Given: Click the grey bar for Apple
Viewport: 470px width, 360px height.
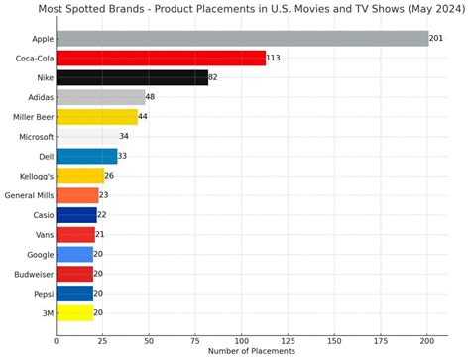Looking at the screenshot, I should coord(242,39).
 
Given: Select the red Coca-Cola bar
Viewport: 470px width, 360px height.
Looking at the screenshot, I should coord(161,59).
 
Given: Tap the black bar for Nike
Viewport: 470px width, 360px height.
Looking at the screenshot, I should coord(132,77).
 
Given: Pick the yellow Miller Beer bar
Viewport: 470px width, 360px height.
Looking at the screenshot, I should coord(97,116).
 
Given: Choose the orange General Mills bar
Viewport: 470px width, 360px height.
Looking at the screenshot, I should coord(77,195).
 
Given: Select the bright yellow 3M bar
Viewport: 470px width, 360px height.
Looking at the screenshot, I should coord(74,312).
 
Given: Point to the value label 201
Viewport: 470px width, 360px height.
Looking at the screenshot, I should coord(436,39).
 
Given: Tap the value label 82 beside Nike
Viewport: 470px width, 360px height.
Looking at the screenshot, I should coord(213,77).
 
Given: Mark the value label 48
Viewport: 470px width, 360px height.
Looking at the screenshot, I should coord(151,97).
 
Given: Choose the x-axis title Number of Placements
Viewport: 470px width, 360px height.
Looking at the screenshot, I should coord(252,351).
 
